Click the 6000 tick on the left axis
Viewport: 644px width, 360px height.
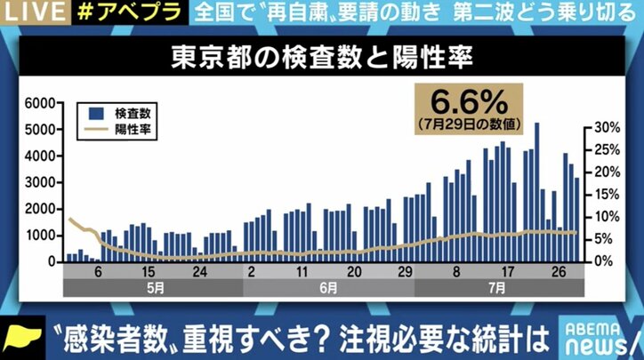39,103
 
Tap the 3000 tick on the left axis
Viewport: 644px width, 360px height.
39,182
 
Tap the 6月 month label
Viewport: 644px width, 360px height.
327,288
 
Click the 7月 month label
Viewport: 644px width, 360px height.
498,288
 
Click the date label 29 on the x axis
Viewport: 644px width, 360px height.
406,272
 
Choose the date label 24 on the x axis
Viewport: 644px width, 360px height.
202,272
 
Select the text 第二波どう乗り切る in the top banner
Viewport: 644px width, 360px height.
563,12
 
